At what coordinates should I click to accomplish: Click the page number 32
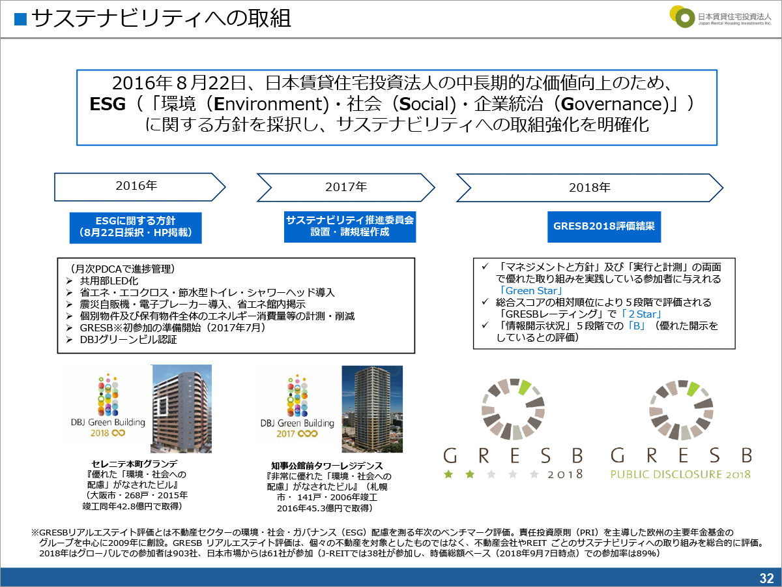(766, 578)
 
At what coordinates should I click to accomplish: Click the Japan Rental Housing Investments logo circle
(682, 17)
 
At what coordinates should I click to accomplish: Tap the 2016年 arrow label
(136, 186)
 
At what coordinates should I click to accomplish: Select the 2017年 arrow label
(346, 187)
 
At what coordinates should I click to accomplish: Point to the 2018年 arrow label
(590, 188)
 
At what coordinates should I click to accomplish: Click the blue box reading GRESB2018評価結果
(604, 227)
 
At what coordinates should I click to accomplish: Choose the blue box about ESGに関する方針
(136, 228)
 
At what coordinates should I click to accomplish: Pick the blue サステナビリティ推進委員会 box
(350, 227)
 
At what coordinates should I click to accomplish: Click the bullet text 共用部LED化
(109, 281)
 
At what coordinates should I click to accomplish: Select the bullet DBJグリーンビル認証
(128, 339)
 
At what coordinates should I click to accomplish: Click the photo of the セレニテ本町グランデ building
(181, 409)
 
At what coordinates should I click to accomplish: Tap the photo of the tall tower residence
(372, 409)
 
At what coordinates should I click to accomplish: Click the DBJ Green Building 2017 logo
(297, 406)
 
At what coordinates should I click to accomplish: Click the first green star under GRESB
(448, 474)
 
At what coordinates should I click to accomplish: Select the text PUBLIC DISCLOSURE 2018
(680, 474)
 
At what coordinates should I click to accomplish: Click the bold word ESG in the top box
(108, 104)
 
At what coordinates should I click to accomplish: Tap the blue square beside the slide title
(20, 20)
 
